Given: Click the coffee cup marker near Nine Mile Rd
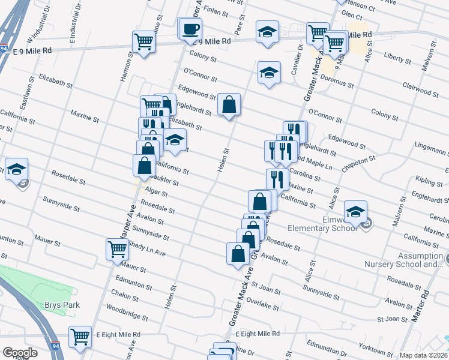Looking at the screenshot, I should pyautogui.click(x=191, y=29).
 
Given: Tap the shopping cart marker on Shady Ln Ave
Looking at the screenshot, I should pyautogui.click(x=116, y=249).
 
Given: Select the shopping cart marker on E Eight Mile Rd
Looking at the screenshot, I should pyautogui.click(x=80, y=337).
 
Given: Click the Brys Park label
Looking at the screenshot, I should pyautogui.click(x=62, y=305).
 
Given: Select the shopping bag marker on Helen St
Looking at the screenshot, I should pyautogui.click(x=229, y=105).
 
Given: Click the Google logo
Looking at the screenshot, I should pyautogui.click(x=20, y=352).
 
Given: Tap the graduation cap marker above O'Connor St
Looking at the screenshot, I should pyautogui.click(x=269, y=73).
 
